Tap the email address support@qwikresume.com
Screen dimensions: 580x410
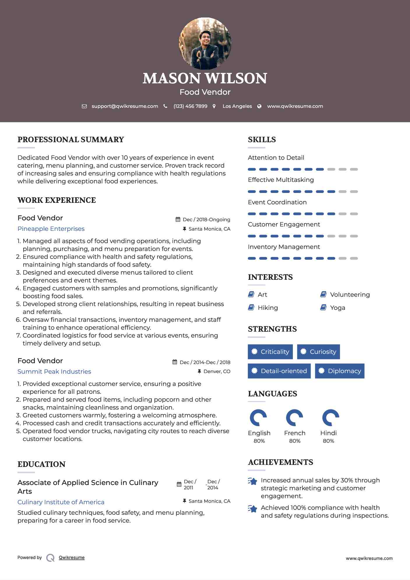tap(125, 106)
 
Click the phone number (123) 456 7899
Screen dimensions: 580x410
tap(190, 106)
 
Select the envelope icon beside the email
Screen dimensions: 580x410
tap(84, 106)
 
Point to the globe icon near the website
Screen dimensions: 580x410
tap(259, 106)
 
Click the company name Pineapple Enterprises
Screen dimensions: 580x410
tap(51, 229)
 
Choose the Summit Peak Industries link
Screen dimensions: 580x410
tap(54, 372)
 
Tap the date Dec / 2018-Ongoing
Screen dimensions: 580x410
tap(206, 220)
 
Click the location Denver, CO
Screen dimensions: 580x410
tap(217, 372)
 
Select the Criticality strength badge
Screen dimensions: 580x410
tap(270, 352)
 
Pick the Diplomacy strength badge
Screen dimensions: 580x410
tap(339, 371)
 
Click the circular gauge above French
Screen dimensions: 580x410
tap(294, 418)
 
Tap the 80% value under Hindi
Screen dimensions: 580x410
tap(328, 441)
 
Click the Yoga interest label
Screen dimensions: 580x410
tap(337, 308)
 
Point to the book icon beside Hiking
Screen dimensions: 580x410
tap(251, 307)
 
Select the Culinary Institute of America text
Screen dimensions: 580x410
tap(61, 502)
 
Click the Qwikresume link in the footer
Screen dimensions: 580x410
tap(72, 558)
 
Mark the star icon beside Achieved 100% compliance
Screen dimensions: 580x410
tap(253, 509)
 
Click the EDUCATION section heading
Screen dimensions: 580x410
tap(41, 464)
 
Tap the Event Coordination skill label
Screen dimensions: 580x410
tap(277, 202)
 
